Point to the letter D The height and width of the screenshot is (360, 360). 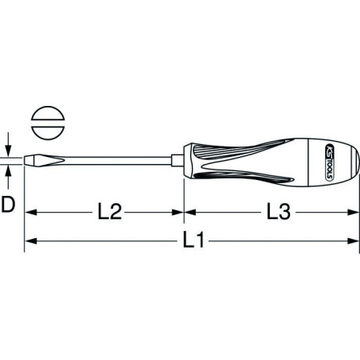(x=8, y=206)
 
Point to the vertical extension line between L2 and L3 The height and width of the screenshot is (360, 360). (x=184, y=203)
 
